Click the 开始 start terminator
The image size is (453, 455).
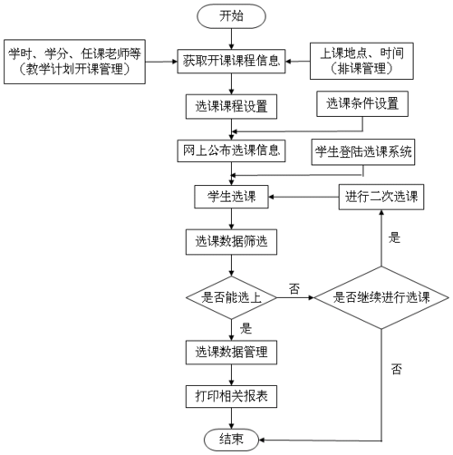pyautogui.click(x=232, y=15)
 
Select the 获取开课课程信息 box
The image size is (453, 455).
pyautogui.click(x=232, y=63)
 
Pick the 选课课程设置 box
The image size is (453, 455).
pyautogui.click(x=232, y=106)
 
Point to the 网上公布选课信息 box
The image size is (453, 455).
pyautogui.click(x=232, y=150)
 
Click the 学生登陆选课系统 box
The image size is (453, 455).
pyautogui.click(x=363, y=150)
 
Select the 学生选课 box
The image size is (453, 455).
pyautogui.click(x=232, y=196)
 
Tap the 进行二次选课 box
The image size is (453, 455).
pyautogui.click(x=381, y=196)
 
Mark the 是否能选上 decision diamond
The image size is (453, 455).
pyautogui.click(x=232, y=295)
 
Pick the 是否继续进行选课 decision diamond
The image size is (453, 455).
pyautogui.click(x=381, y=295)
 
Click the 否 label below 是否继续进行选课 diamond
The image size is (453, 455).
pyautogui.click(x=397, y=369)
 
